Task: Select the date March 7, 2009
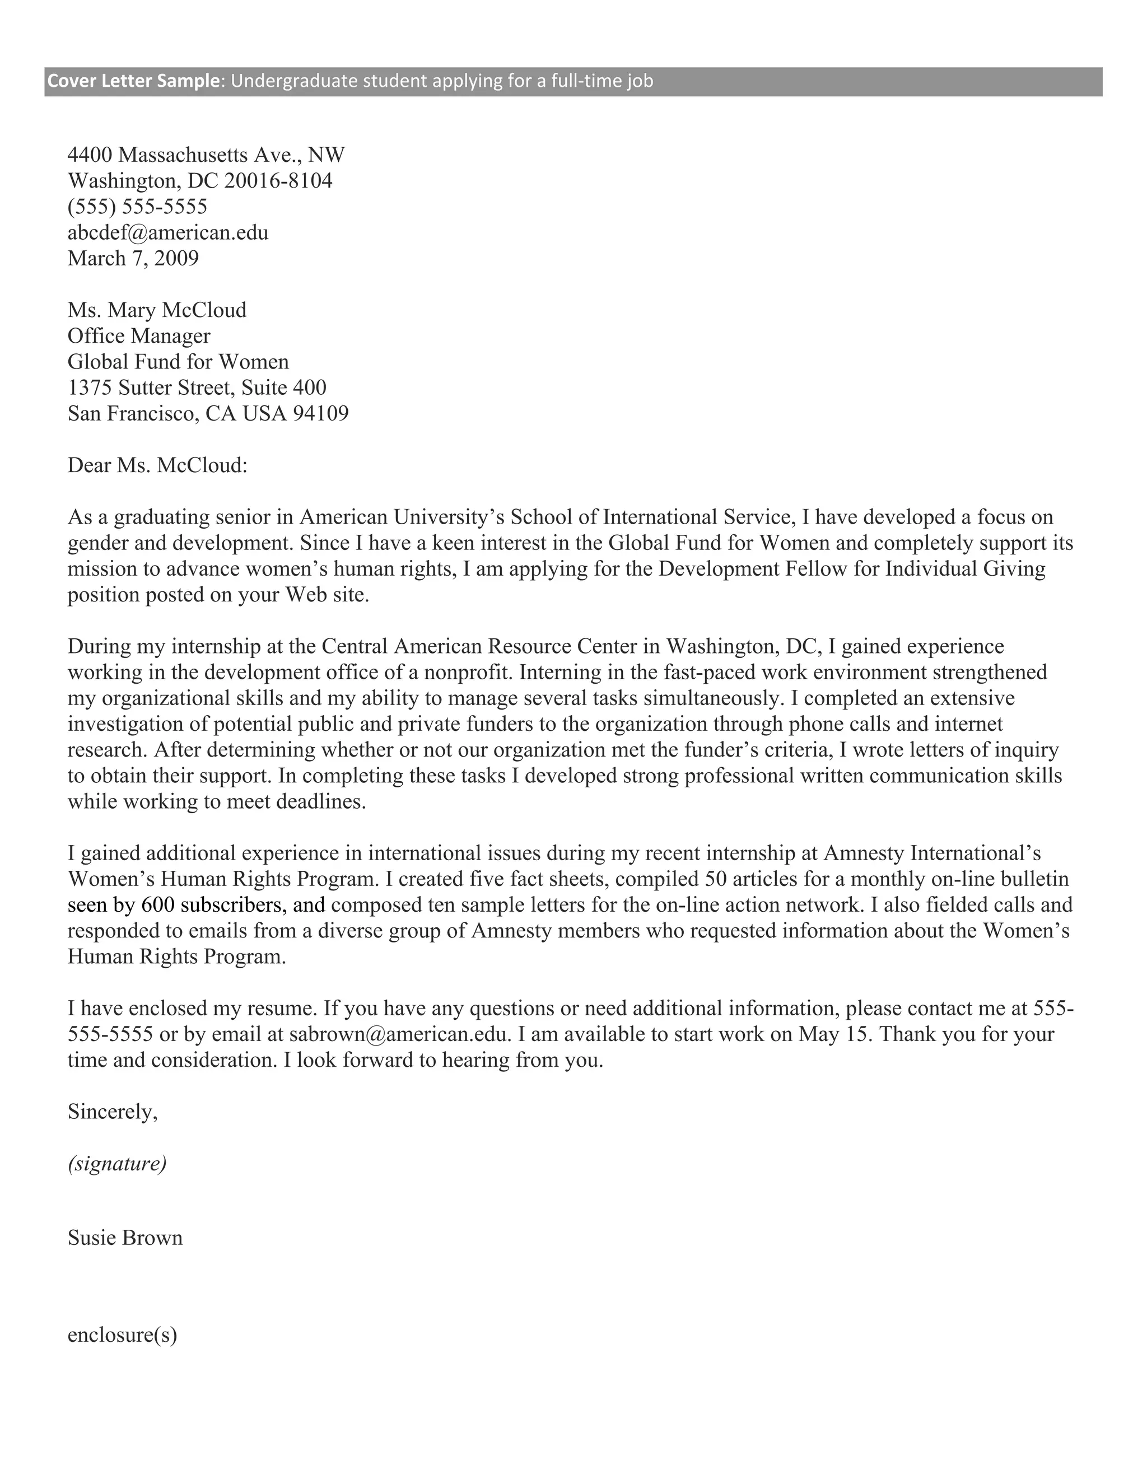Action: [133, 259]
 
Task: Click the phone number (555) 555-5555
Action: [137, 207]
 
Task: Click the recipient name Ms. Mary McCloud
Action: [157, 311]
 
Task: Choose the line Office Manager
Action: [139, 337]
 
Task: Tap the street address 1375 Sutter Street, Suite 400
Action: [197, 388]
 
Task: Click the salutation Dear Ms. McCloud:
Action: [157, 466]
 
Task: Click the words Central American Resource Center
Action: [479, 646]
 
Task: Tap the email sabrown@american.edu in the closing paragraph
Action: [399, 1035]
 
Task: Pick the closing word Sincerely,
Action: [113, 1112]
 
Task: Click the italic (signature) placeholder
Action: [117, 1164]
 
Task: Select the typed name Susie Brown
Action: [125, 1238]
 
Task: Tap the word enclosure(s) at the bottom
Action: [122, 1335]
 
